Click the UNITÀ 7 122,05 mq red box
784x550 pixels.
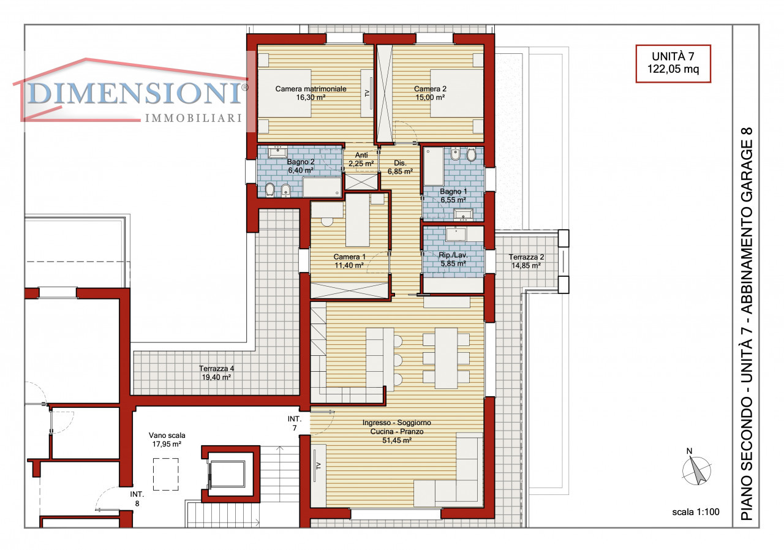tap(673, 64)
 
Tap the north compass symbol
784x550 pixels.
tap(696, 469)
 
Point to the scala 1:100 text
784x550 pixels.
tap(695, 512)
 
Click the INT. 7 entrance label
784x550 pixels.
tap(295, 423)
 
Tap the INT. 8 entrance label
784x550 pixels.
tap(137, 499)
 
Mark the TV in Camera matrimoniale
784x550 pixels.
tap(367, 92)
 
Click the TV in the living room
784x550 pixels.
tap(318, 465)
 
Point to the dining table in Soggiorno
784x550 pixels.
tap(447, 358)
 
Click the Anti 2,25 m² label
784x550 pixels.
tap(361, 159)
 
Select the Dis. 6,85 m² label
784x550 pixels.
tap(400, 167)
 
